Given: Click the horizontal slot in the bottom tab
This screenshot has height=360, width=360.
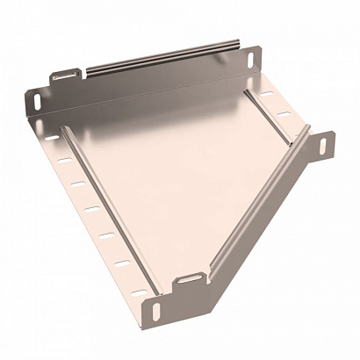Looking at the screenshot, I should tap(187, 279).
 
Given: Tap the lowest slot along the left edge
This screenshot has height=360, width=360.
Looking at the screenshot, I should tap(138, 284).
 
